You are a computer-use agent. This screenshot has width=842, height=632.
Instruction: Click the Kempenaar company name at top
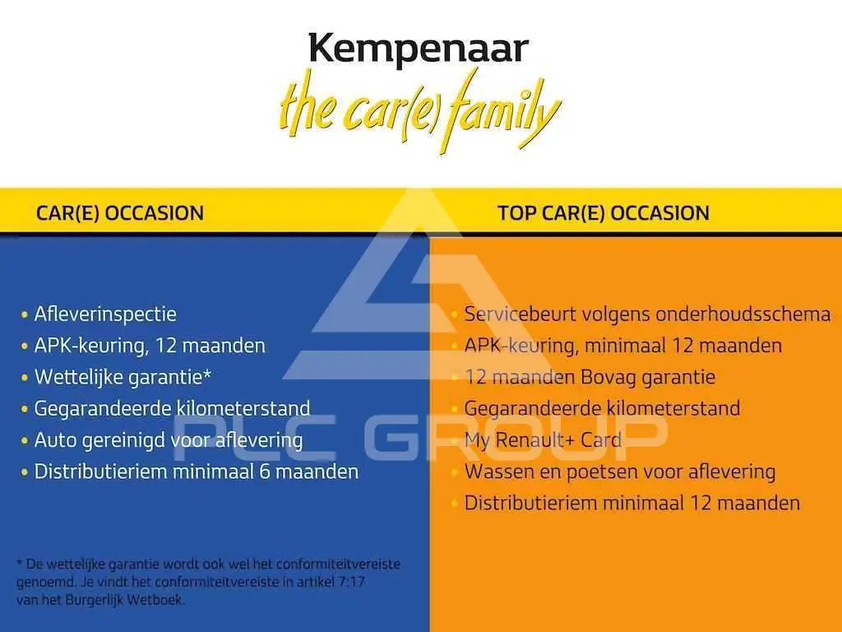point(419,50)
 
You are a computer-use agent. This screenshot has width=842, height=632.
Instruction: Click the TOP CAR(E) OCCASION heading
point(603,213)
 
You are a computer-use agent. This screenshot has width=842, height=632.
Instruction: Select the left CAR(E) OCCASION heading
point(120,213)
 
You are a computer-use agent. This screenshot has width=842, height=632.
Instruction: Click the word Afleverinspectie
point(105,314)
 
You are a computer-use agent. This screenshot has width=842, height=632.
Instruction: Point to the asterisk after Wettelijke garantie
point(206,374)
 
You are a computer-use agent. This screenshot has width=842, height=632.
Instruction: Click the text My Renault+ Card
point(543,440)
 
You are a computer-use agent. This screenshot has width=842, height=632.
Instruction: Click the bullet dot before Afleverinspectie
point(24,315)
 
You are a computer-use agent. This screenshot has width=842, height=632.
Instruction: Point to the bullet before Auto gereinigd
point(24,441)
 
